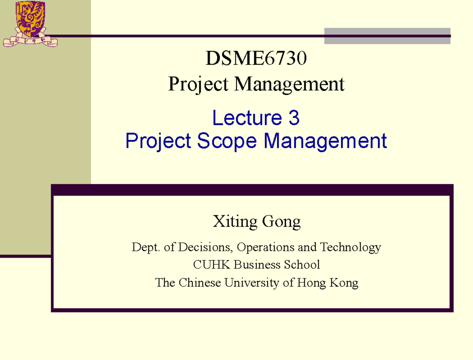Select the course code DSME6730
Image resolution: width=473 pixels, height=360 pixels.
coord(256,59)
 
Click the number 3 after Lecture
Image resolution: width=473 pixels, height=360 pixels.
coord(294,118)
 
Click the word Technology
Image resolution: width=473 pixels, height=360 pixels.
coord(350,247)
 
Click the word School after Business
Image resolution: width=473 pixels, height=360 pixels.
coord(302,265)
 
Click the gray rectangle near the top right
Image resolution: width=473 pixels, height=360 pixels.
coord(387,36)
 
